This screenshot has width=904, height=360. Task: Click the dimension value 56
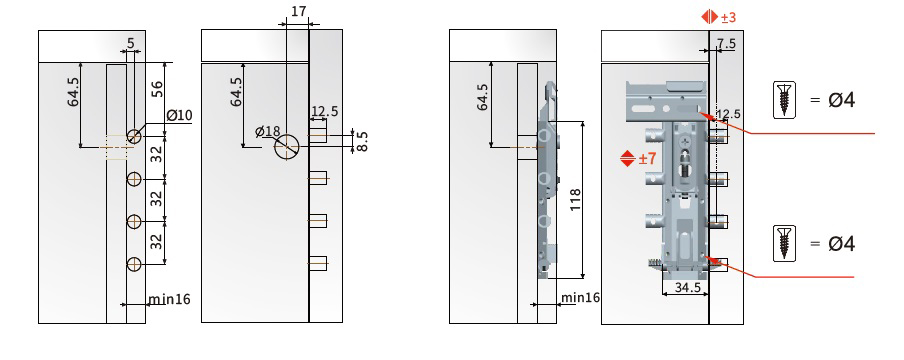point(157,88)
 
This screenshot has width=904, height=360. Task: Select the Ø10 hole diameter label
point(179,115)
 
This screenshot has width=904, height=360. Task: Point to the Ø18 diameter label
point(268,132)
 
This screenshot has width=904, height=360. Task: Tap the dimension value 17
point(299,12)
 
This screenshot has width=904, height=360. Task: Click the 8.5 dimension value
point(362,142)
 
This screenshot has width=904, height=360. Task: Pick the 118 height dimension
point(575,200)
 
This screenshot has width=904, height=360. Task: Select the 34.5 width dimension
point(688,286)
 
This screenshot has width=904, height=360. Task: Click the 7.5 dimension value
point(726,44)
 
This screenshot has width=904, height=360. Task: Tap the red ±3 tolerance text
point(728,17)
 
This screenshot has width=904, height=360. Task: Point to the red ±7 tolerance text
point(647,158)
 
